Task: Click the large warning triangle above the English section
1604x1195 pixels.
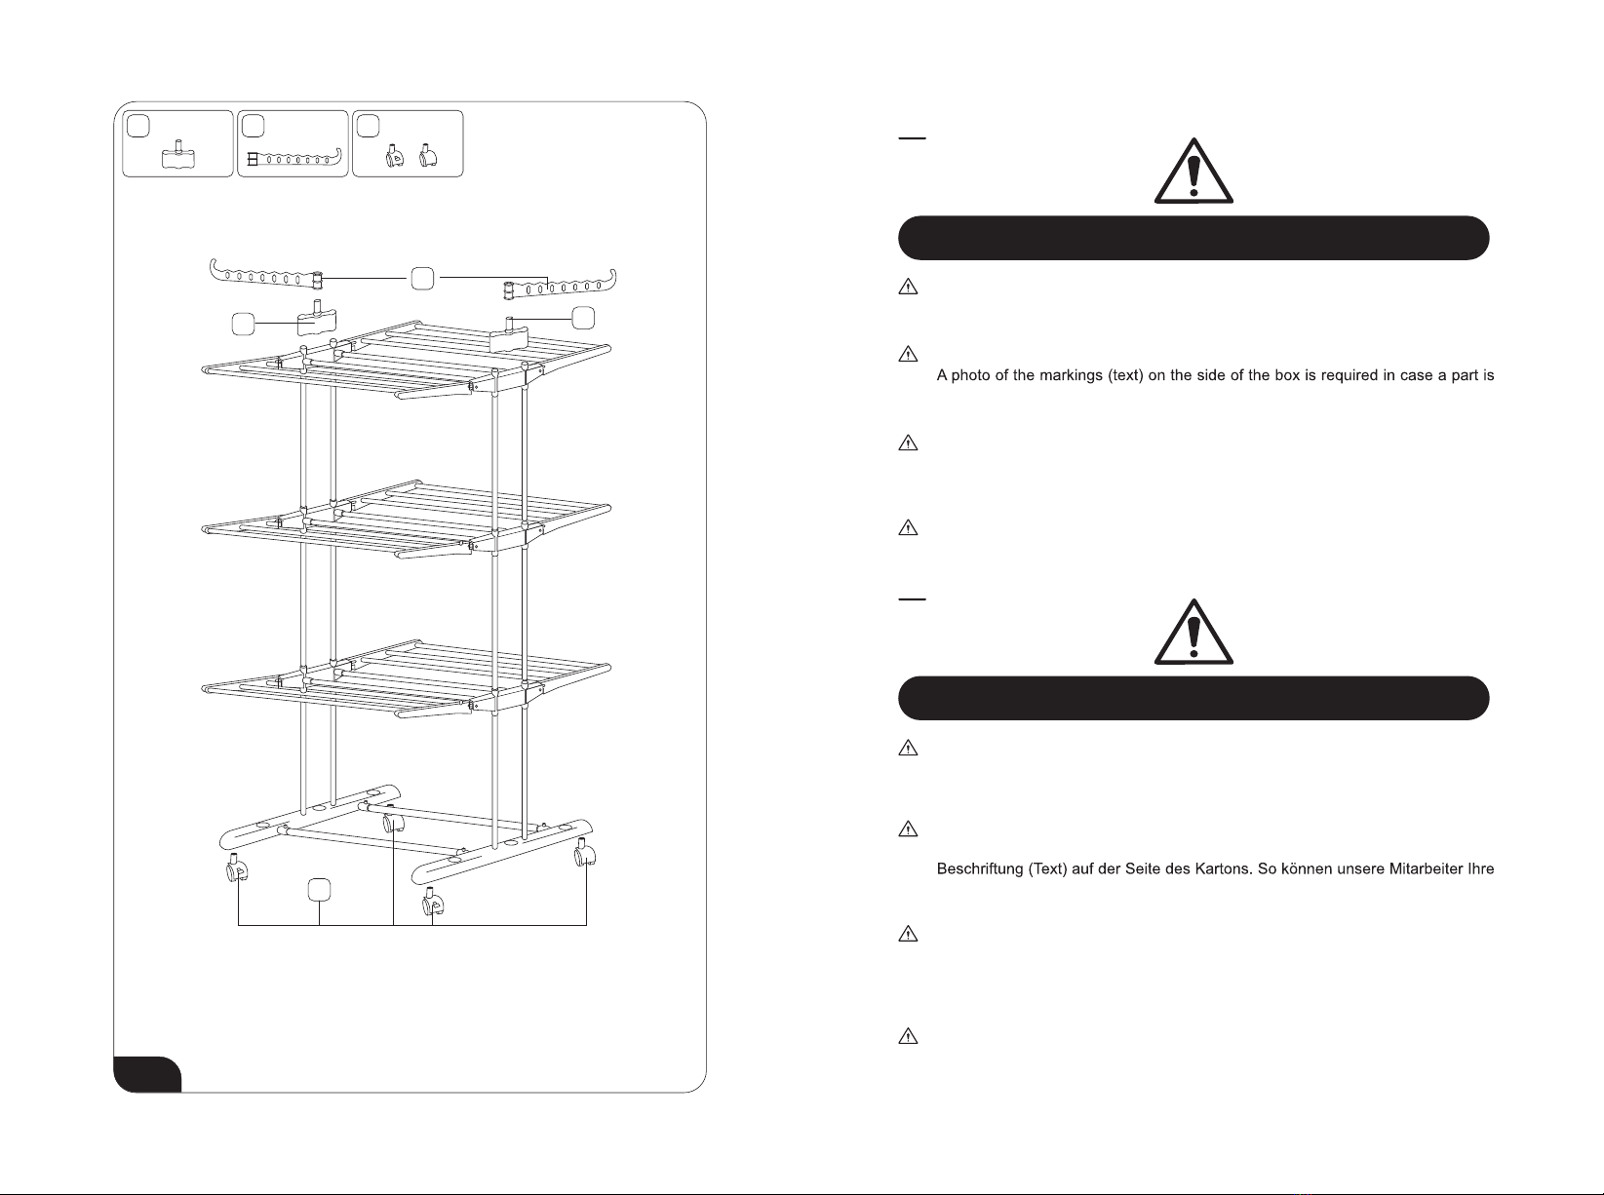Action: click(x=1193, y=171)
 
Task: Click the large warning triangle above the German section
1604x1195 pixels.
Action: click(x=1193, y=632)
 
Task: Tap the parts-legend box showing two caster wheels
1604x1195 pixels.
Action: click(x=408, y=144)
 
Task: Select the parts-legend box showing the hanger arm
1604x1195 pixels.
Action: click(x=293, y=144)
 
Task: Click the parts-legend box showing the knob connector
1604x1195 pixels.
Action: click(x=177, y=144)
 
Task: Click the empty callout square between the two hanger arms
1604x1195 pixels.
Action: click(x=422, y=279)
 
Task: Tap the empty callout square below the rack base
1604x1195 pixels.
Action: click(x=320, y=891)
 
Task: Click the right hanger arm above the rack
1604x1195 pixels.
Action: click(x=559, y=285)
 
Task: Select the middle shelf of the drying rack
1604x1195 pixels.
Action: click(x=407, y=519)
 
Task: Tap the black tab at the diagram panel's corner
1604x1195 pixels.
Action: click(x=147, y=1074)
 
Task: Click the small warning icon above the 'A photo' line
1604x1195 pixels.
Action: click(x=908, y=354)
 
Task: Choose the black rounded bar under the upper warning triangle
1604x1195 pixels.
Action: click(x=1193, y=238)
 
